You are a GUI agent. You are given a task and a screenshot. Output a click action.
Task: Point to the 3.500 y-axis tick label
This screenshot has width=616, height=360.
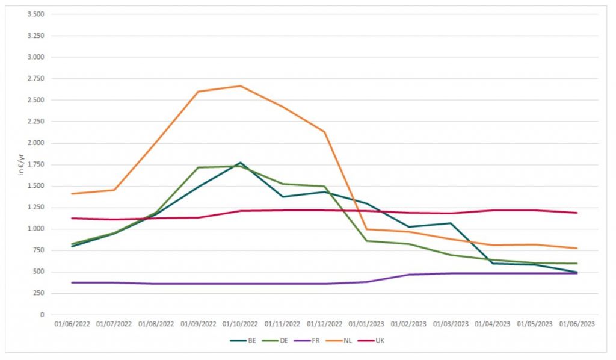[36, 14]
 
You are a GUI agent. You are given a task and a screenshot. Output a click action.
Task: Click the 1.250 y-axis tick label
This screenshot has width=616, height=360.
[36, 207]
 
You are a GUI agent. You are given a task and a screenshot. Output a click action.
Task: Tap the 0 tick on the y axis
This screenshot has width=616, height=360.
[42, 315]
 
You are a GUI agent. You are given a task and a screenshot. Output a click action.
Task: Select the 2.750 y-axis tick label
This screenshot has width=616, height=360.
[36, 78]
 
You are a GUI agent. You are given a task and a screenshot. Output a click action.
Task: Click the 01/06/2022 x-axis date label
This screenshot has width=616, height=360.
[72, 324]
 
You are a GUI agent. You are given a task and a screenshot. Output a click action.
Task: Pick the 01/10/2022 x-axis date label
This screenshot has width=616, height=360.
[240, 324]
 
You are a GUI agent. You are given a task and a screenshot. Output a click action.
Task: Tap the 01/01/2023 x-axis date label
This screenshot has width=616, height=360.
[366, 324]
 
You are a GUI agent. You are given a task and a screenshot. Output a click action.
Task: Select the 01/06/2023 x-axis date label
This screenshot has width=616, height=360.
[577, 324]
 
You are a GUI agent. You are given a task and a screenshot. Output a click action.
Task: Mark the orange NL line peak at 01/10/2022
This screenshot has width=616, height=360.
[240, 85]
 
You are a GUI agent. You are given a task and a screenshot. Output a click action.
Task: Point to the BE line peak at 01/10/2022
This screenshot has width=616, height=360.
[240, 163]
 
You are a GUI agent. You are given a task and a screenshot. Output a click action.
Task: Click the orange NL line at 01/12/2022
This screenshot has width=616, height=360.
[324, 132]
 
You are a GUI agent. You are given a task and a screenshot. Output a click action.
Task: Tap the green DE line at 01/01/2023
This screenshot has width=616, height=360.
[366, 241]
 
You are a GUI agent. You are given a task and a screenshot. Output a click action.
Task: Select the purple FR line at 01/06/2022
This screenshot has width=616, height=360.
[72, 282]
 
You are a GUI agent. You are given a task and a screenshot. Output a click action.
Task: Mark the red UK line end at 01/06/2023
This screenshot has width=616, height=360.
[577, 213]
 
